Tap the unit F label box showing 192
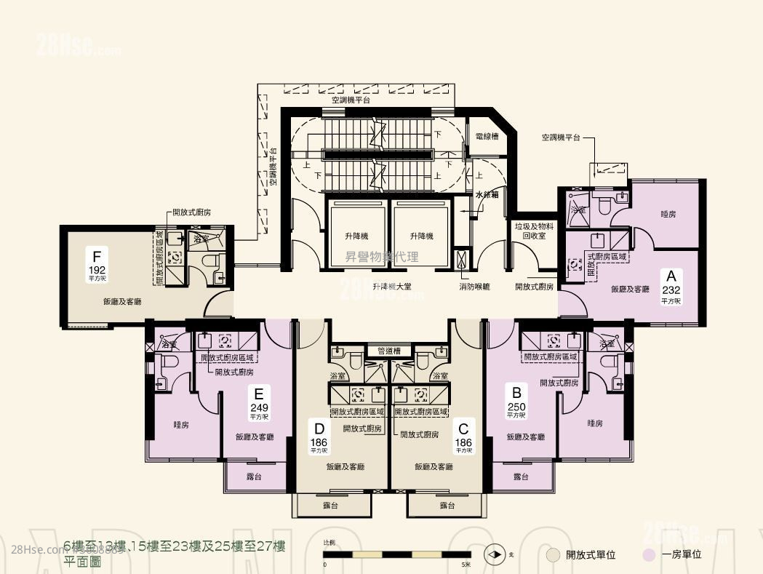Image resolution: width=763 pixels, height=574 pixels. point(96,263)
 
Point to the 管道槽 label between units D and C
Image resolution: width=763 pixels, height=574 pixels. point(389,351)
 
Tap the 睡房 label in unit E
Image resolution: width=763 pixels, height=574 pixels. point(181,424)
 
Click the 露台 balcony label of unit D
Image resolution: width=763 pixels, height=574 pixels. point(332,504)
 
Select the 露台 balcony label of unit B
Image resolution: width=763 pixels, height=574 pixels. point(520,477)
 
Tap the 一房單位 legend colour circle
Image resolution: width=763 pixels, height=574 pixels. point(650,554)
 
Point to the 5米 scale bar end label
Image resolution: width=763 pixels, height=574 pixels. point(466,564)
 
